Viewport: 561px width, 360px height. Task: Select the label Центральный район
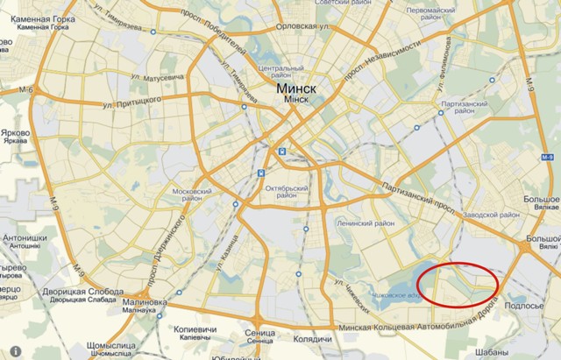tap(280, 72)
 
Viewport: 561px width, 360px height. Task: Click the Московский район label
tap(192, 194)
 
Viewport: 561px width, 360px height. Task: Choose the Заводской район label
tap(492, 215)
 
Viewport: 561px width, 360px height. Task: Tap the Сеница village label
tap(261, 335)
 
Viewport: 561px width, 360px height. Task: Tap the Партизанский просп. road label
tap(415, 187)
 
